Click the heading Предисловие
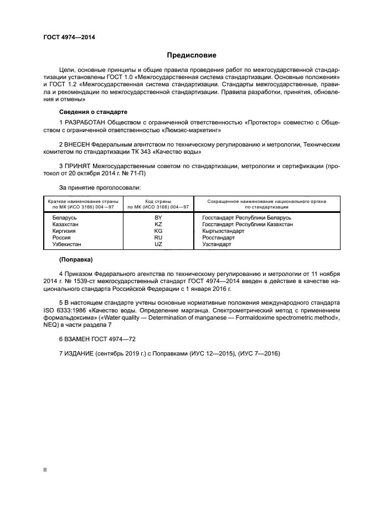click(x=192, y=55)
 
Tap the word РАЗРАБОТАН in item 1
click(x=83, y=121)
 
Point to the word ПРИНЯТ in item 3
click(x=77, y=166)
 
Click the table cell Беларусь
click(x=64, y=218)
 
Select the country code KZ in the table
click(x=158, y=224)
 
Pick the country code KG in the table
click(x=158, y=231)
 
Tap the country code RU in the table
click(x=158, y=237)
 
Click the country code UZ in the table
click(x=158, y=244)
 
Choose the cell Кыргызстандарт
click(x=224, y=231)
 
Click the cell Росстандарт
click(x=218, y=237)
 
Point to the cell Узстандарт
click(x=216, y=244)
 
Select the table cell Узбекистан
click(x=68, y=244)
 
